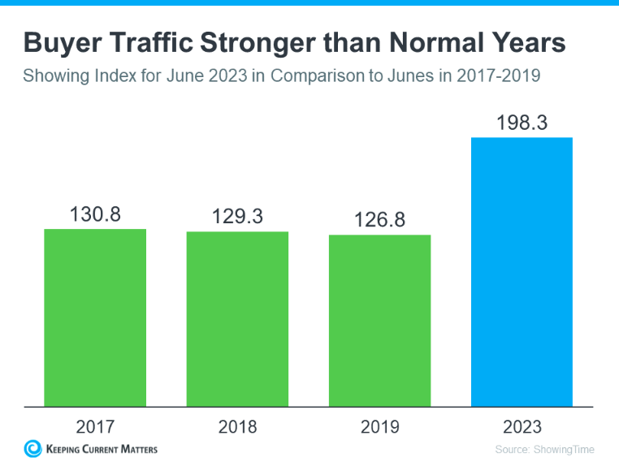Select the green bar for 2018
(x=237, y=318)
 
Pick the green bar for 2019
(x=379, y=320)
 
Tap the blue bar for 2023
(x=522, y=271)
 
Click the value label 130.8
(x=95, y=216)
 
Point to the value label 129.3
(x=237, y=218)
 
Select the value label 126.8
(x=379, y=222)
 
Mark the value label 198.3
(x=522, y=123)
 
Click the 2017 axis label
(x=95, y=426)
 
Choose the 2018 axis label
(x=237, y=426)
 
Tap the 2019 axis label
(x=379, y=426)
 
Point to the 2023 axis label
(x=522, y=426)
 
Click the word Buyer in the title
(x=61, y=43)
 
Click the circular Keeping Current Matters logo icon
(x=33, y=448)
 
